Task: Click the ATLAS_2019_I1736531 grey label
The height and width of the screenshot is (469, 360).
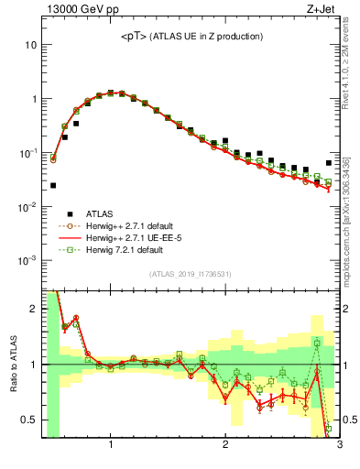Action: click(191, 273)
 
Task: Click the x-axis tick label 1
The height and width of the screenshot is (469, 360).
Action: click(111, 446)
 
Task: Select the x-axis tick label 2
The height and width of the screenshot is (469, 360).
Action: click(225, 446)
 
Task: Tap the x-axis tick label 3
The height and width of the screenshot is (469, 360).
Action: click(339, 446)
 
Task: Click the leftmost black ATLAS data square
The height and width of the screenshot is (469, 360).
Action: click(53, 185)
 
